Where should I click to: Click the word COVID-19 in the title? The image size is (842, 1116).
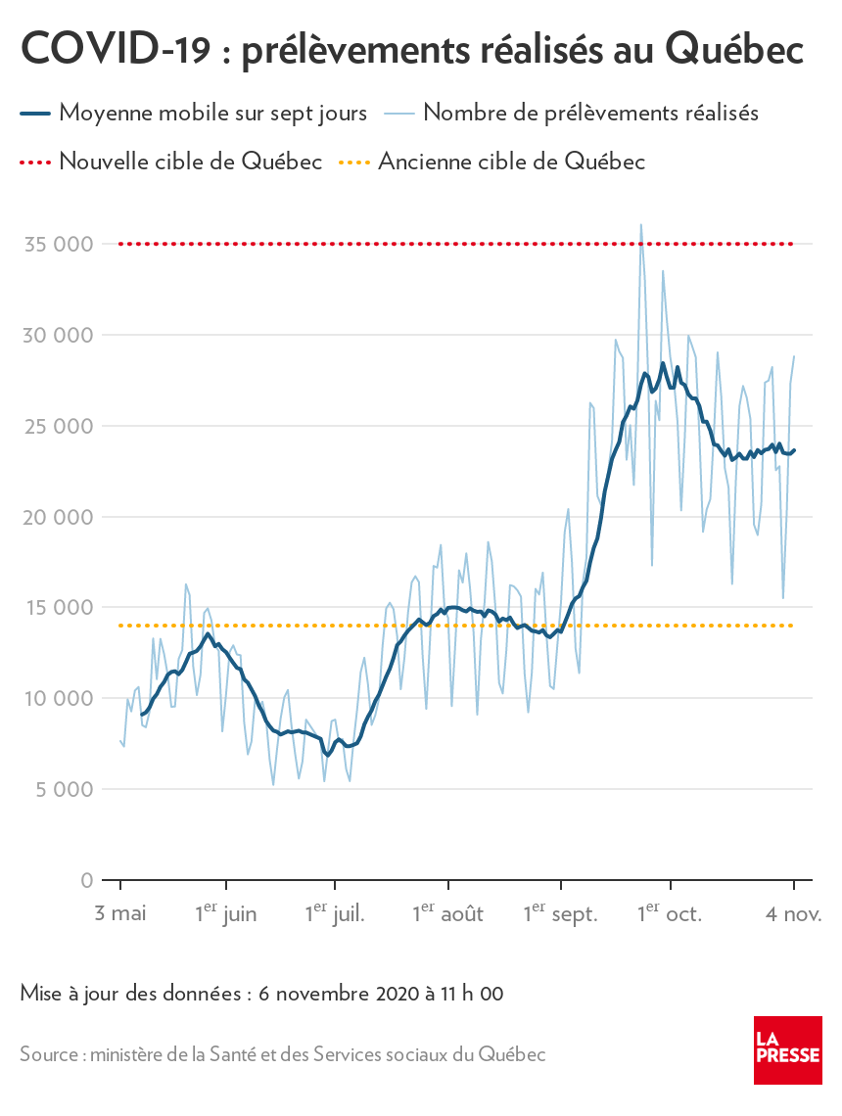[116, 50]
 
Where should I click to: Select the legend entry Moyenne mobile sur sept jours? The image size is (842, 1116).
[212, 113]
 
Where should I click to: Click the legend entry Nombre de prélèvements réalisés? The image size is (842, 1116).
[591, 113]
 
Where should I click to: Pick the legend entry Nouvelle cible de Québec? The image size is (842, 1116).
[190, 162]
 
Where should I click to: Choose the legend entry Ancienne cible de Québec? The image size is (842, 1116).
[511, 162]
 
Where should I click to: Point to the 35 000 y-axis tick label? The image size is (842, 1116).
[59, 244]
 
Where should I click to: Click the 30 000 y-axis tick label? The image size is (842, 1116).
[59, 335]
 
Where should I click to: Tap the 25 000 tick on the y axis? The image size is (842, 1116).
[59, 426]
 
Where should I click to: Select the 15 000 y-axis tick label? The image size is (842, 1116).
[59, 607]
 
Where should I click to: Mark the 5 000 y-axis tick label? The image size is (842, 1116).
[65, 789]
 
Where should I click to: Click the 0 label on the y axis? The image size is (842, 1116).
[87, 880]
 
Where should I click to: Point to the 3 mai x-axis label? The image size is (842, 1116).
[119, 914]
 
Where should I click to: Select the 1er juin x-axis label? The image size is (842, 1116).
[225, 914]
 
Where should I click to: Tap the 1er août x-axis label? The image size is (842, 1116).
[447, 914]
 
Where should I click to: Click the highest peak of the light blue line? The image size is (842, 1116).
[641, 225]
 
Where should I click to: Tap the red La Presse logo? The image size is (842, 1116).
[787, 1049]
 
